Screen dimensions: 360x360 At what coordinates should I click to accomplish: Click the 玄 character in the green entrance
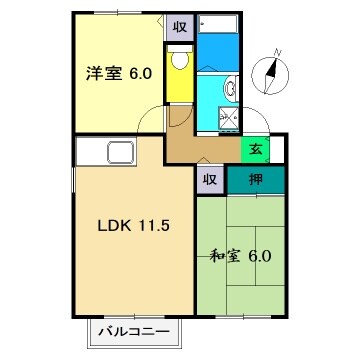pyautogui.click(x=255, y=151)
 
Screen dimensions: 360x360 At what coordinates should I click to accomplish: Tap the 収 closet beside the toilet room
pyautogui.click(x=178, y=28)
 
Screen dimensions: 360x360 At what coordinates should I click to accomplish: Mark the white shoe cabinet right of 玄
pyautogui.click(x=276, y=150)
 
